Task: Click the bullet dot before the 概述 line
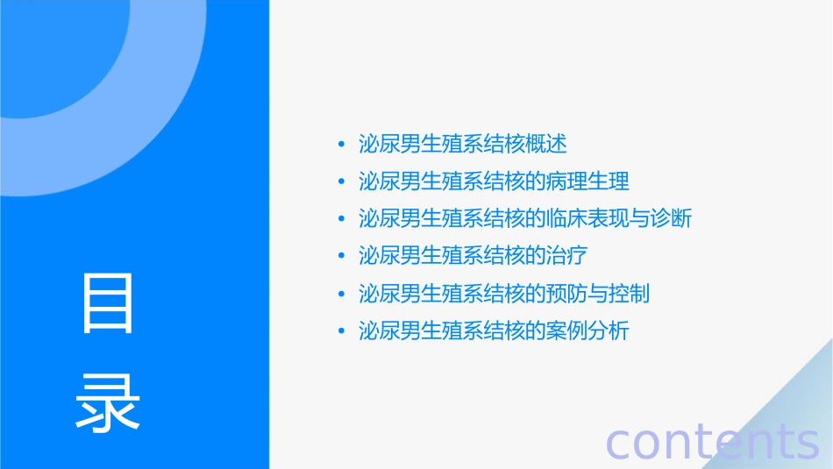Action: point(341,144)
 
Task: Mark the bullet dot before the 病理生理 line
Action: point(341,181)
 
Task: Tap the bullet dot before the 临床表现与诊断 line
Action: point(341,219)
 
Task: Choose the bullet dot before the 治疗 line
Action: point(341,257)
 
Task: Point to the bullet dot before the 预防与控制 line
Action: point(341,295)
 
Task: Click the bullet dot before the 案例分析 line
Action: point(341,332)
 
